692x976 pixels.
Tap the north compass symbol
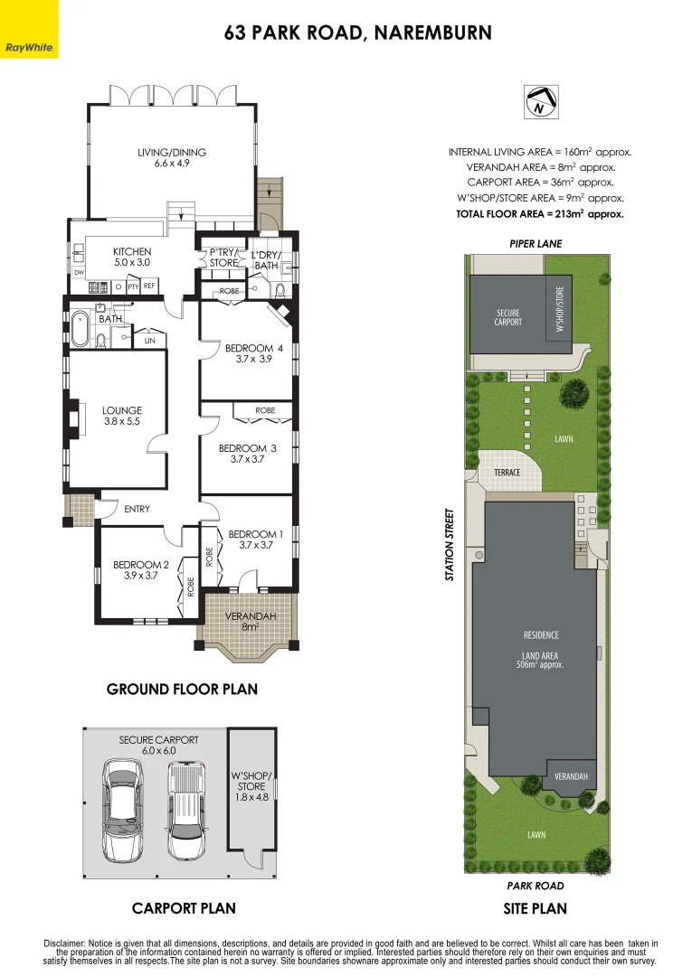click(539, 102)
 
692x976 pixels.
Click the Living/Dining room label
click(172, 158)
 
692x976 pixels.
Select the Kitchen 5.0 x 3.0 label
click(132, 257)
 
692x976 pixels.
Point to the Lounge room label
click(122, 416)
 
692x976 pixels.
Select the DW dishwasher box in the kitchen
click(79, 271)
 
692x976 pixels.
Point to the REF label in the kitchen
click(149, 286)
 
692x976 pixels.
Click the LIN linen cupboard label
click(149, 341)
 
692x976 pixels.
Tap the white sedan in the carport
click(123, 810)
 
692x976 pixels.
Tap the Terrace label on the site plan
click(507, 472)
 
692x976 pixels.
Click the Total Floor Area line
click(540, 214)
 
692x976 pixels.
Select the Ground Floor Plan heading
click(182, 690)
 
